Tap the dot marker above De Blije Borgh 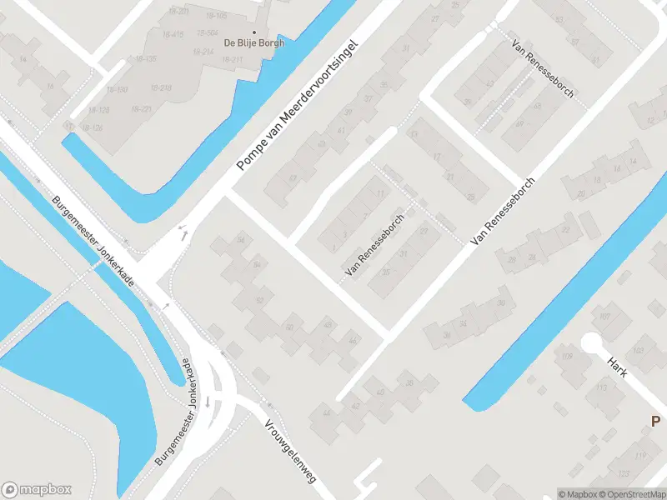coord(253,32)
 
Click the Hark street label coord(617,367)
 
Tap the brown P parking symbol coord(656,422)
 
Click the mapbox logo coord(37,489)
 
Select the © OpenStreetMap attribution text coord(631,494)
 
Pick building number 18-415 coord(174,34)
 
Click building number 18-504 coord(208,34)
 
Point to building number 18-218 coord(162,87)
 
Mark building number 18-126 coord(92,127)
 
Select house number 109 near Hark coord(567,357)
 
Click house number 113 coord(600,387)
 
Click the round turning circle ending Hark coord(591,342)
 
